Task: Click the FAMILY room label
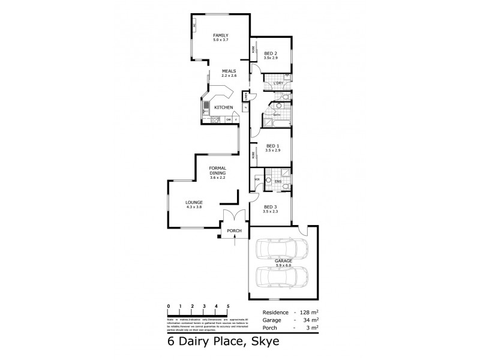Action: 217,37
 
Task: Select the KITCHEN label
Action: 224,107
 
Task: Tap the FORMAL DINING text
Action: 217,172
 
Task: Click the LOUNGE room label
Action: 194,202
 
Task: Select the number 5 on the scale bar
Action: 228,306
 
